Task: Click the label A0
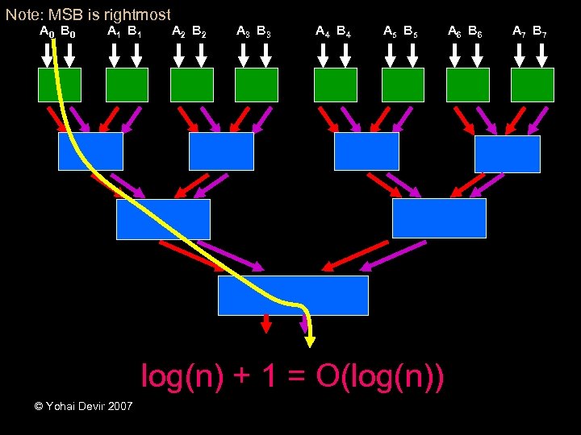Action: click(x=47, y=33)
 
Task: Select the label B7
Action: click(x=540, y=33)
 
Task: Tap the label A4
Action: click(x=323, y=33)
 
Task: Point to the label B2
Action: click(x=199, y=33)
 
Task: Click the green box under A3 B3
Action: click(x=257, y=85)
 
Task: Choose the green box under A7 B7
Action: click(x=533, y=85)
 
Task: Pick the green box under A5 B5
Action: click(x=403, y=85)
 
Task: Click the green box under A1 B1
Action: click(x=127, y=85)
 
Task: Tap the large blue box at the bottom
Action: click(x=293, y=295)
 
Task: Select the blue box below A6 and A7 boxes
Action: click(x=507, y=154)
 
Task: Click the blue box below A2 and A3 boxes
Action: click(x=221, y=151)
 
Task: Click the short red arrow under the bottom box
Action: click(x=266, y=324)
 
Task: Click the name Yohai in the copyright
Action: click(x=62, y=406)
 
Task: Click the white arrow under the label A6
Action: click(x=457, y=55)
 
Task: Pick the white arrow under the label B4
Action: click(x=347, y=55)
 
